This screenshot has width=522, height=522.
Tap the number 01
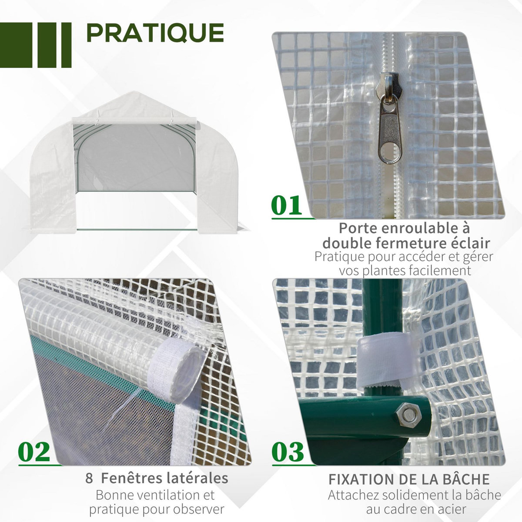coord(286,206)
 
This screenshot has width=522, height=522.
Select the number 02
coord(34,452)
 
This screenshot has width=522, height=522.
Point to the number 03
coord(288,452)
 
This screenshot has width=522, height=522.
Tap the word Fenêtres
coord(134,478)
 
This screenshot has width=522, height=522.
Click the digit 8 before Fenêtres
coord(90,478)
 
